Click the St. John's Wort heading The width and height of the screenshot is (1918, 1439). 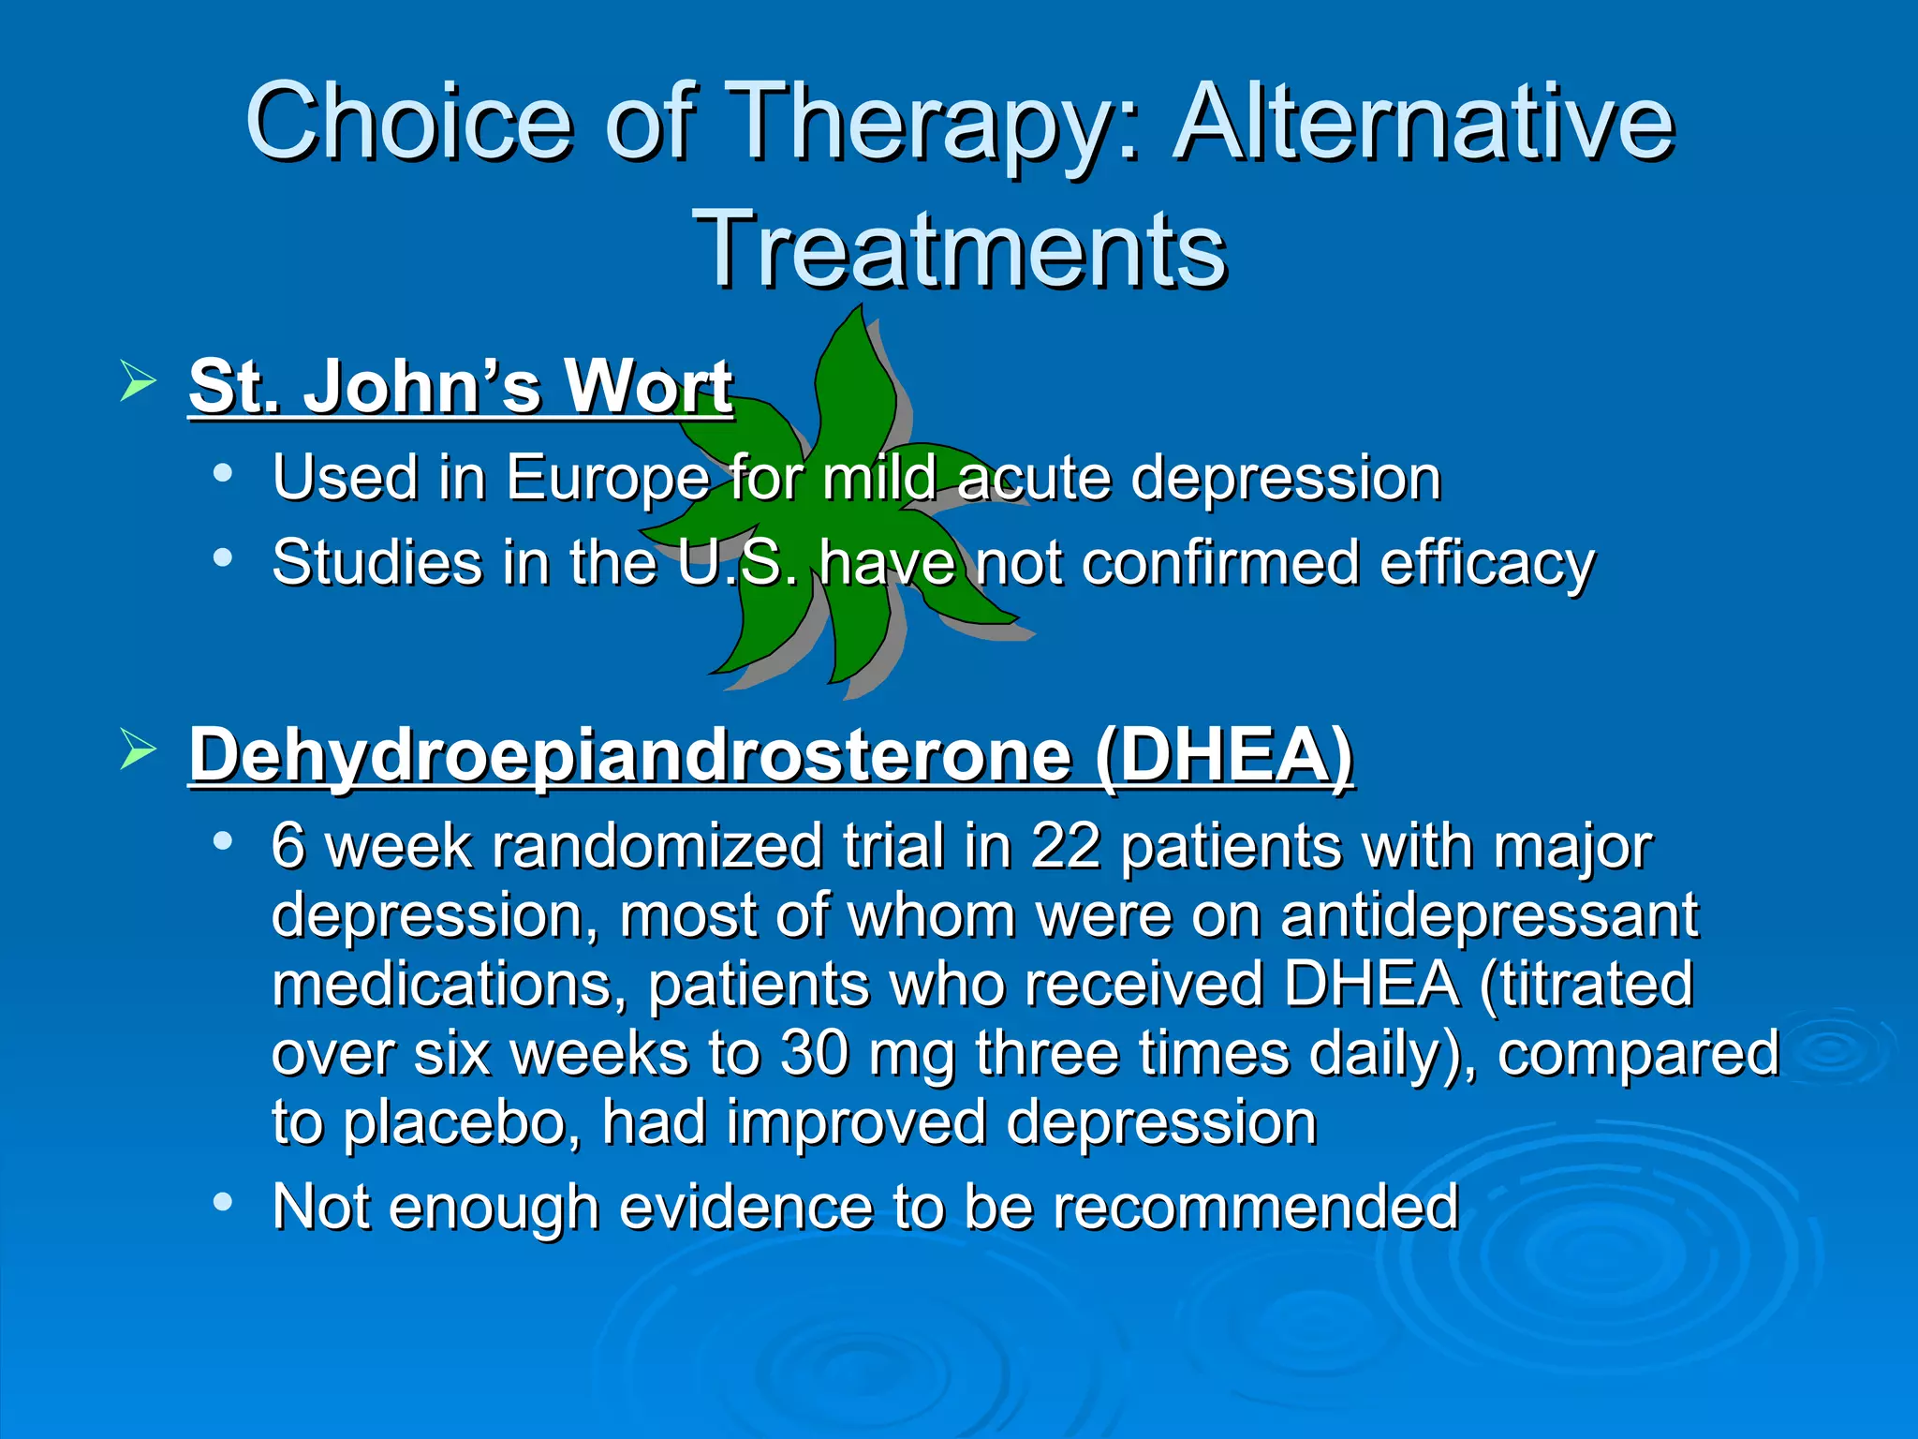[461, 386]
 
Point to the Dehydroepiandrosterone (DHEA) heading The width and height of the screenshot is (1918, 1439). [771, 755]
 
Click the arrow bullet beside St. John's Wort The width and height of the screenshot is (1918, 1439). [138, 382]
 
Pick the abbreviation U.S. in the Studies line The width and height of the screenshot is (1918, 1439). [737, 564]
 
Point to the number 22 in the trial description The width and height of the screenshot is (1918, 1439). [1066, 847]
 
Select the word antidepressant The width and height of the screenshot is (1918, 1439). [1489, 915]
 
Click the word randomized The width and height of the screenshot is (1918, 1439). [657, 847]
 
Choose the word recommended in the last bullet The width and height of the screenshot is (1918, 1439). [1256, 1207]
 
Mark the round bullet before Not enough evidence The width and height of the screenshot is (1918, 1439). [222, 1202]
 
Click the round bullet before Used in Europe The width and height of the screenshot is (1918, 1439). [222, 473]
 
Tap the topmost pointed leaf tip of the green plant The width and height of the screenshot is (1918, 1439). [859, 307]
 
